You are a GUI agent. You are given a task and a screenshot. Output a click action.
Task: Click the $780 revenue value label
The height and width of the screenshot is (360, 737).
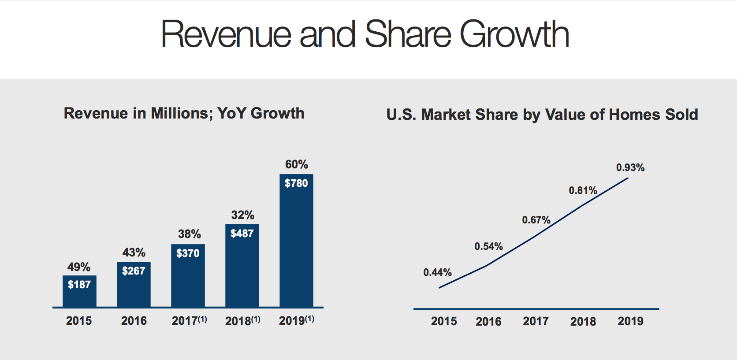(x=296, y=183)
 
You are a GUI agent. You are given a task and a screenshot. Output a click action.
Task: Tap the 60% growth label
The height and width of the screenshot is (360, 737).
(x=296, y=164)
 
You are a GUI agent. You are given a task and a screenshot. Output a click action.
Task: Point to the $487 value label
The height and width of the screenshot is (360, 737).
(x=242, y=234)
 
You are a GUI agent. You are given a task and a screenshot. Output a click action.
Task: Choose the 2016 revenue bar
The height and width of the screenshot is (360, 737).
(x=134, y=289)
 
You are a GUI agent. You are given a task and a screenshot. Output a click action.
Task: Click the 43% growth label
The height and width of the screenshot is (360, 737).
(x=134, y=252)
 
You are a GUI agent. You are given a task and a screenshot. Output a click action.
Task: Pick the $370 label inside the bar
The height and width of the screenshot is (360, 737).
(x=188, y=253)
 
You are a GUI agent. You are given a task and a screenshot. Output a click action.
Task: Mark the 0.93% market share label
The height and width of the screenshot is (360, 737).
(x=630, y=167)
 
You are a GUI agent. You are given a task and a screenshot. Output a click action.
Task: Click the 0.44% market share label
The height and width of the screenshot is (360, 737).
(x=437, y=272)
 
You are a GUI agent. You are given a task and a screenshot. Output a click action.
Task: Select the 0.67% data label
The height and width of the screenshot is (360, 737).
(x=536, y=220)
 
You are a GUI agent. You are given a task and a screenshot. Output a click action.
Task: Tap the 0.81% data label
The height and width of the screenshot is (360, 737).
(x=583, y=190)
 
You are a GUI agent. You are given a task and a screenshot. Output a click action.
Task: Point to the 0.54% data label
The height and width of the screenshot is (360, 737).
(x=488, y=246)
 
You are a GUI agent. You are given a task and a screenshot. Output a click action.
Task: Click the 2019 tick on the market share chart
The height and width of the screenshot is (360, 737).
(x=630, y=321)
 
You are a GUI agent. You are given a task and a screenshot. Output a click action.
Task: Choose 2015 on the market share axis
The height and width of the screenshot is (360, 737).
(x=444, y=321)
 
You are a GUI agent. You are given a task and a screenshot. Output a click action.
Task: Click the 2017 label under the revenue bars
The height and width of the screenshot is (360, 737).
(x=184, y=321)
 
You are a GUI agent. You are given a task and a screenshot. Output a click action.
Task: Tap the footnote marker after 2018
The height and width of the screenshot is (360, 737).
(x=256, y=319)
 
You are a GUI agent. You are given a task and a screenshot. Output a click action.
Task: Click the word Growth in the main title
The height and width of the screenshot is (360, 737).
(x=514, y=34)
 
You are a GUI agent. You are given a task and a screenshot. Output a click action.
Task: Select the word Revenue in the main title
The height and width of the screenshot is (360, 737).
(x=226, y=34)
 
